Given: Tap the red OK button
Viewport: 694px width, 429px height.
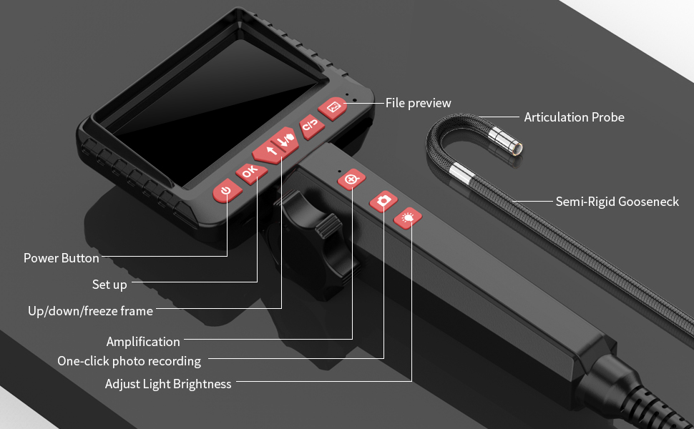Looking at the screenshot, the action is (x=251, y=172).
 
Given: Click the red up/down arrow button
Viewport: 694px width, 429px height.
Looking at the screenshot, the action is (x=275, y=145).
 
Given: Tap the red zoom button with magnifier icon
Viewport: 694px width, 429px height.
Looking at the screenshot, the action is (x=351, y=179).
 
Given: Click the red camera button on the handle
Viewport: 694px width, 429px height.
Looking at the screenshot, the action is (x=383, y=201).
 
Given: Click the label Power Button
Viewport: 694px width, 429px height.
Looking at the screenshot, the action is (x=61, y=258).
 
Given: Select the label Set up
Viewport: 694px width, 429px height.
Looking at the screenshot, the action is (x=109, y=285).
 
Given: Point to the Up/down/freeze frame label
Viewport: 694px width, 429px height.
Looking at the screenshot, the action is (x=90, y=311).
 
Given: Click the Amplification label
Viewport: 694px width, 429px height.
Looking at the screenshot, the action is (x=143, y=342).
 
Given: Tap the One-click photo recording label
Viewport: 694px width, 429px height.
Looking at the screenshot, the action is (x=129, y=361).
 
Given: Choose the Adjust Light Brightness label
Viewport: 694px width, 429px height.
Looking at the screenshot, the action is (x=168, y=383).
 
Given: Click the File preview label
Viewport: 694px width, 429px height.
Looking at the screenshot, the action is (x=419, y=103).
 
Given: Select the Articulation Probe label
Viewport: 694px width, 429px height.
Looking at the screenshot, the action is (x=574, y=117).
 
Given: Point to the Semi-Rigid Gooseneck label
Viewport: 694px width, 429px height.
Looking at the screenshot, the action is (x=617, y=202).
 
